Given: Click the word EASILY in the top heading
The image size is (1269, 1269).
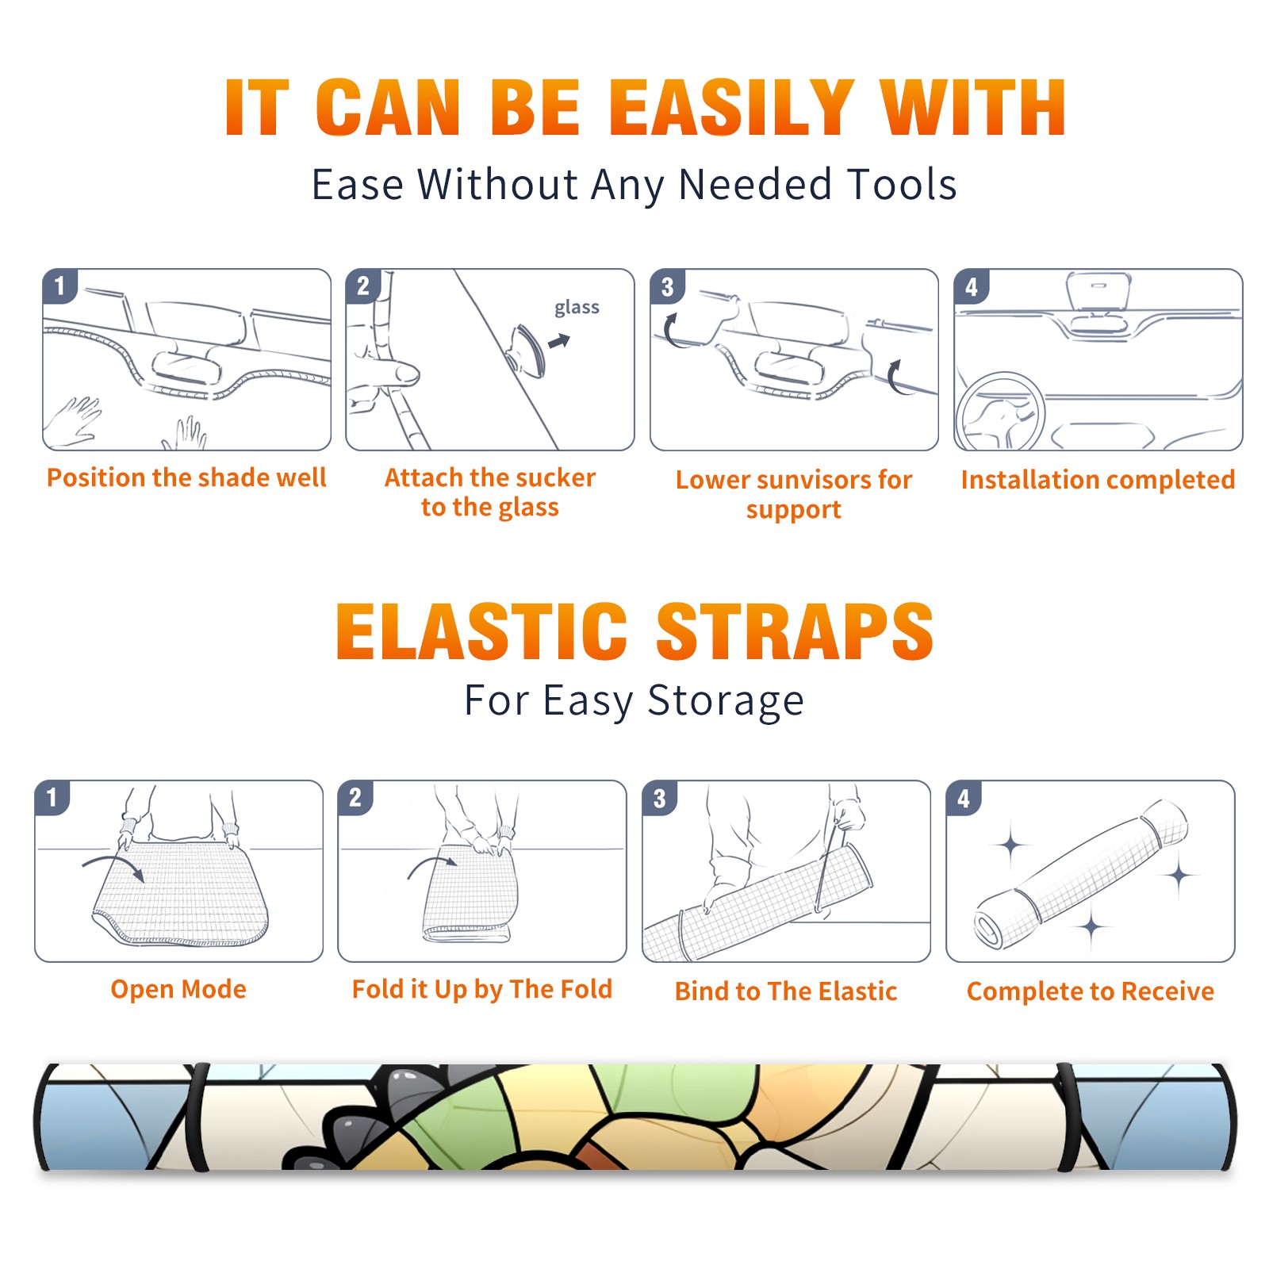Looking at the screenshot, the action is point(731,108).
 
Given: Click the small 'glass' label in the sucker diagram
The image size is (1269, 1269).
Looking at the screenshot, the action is point(577,307).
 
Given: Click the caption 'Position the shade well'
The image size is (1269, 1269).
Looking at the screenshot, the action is point(186,477).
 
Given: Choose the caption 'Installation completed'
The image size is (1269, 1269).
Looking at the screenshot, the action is point(1098,480).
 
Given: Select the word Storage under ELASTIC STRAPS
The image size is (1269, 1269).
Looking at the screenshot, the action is point(726,701).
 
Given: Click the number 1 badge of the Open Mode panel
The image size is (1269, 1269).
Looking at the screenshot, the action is point(52,797).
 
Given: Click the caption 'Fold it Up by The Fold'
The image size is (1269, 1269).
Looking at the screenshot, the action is point(482,989).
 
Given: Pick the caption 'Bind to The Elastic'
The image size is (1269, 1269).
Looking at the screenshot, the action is point(786,991).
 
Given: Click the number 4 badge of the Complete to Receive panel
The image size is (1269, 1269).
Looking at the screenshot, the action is point(964,798).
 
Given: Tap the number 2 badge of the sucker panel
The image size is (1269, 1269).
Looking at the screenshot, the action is point(363,286).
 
